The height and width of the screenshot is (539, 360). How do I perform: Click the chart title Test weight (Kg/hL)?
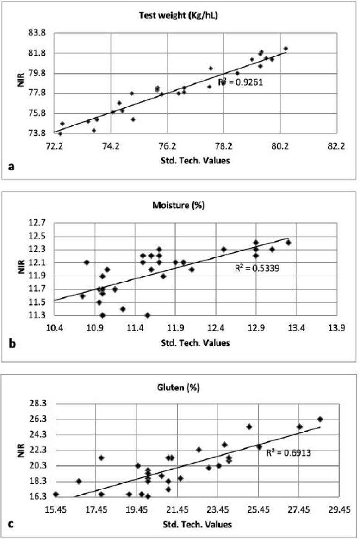pyautogui.click(x=178, y=15)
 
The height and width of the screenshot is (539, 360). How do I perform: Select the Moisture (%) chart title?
pyautogui.click(x=179, y=205)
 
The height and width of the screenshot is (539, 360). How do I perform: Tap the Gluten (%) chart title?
pyautogui.click(x=178, y=388)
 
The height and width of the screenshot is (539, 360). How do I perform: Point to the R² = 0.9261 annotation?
pyautogui.click(x=241, y=82)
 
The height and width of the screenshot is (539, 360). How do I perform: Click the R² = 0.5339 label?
pyautogui.click(x=257, y=268)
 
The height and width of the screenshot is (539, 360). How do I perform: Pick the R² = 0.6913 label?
pyautogui.click(x=289, y=452)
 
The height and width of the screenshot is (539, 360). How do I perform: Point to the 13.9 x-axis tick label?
pyautogui.click(x=337, y=328)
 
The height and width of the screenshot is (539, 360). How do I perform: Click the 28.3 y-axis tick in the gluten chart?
pyautogui.click(x=38, y=403)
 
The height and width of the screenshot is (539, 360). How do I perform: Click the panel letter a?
pyautogui.click(x=12, y=168)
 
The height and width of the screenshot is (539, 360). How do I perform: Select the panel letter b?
pyautogui.click(x=12, y=344)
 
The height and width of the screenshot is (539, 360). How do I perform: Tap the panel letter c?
pyautogui.click(x=11, y=525)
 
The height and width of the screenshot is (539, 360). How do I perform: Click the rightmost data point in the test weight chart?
pyautogui.click(x=286, y=49)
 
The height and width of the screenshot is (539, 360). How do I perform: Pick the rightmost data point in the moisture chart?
pyautogui.click(x=288, y=243)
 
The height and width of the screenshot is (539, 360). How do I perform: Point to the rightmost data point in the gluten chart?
pyautogui.click(x=320, y=419)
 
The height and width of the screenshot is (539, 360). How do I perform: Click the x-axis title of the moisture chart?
pyautogui.click(x=195, y=343)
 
